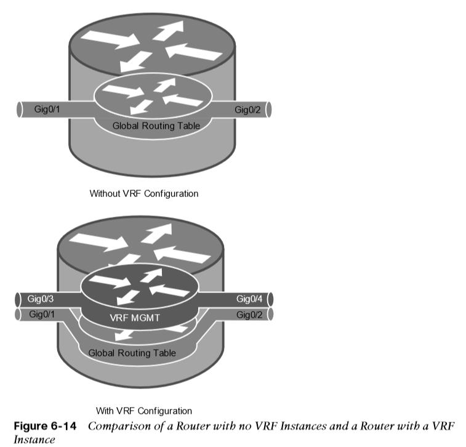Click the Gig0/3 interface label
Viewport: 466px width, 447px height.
(41, 299)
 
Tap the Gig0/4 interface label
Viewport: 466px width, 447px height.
(249, 299)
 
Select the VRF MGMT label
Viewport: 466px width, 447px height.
(135, 318)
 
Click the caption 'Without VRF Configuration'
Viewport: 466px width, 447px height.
(144, 193)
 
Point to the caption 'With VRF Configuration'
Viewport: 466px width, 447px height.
(144, 411)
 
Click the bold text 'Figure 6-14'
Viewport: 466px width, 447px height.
(45, 426)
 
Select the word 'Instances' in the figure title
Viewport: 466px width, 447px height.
(303, 426)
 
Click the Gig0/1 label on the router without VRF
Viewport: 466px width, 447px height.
(47, 109)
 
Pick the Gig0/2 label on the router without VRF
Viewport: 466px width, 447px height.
(247, 110)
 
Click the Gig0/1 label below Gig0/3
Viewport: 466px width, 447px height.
(42, 314)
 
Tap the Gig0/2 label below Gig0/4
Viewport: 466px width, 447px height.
(249, 315)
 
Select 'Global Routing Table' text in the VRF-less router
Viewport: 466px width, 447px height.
(156, 126)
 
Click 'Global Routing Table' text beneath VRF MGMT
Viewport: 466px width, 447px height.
(132, 353)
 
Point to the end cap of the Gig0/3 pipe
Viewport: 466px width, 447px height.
(18, 299)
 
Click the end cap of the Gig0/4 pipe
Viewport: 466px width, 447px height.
(270, 299)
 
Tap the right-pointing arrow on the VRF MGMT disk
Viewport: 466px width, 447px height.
(110, 281)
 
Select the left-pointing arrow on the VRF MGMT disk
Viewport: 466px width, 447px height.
(169, 290)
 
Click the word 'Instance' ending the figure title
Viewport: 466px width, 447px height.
(34, 440)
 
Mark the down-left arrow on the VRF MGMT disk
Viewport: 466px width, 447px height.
(128, 297)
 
